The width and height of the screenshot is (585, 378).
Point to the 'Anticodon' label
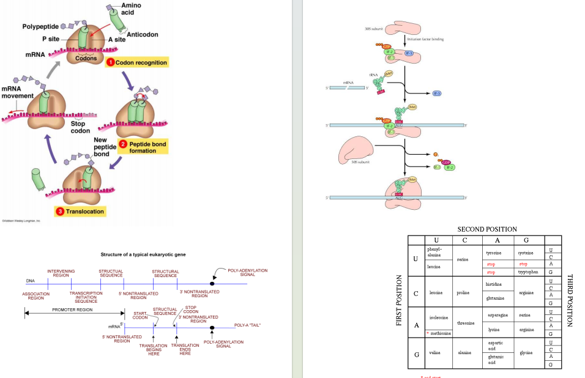(x=141, y=34)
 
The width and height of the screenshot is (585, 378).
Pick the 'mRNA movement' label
(x=17, y=92)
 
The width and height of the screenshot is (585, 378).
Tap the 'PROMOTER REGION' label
(x=72, y=309)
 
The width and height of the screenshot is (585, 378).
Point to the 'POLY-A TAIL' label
(x=247, y=325)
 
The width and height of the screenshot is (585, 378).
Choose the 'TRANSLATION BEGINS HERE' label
(x=153, y=349)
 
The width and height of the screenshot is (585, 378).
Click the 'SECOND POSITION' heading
(x=487, y=229)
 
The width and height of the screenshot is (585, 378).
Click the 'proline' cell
(x=463, y=292)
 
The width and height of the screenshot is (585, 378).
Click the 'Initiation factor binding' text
(x=428, y=39)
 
